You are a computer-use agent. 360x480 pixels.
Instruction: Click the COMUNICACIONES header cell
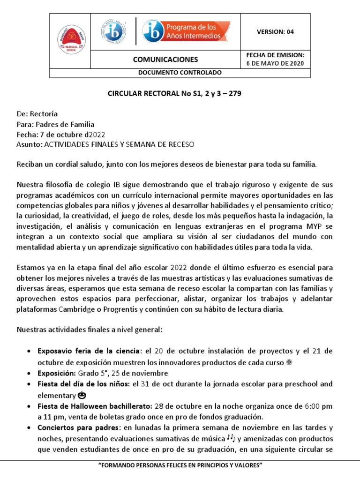(x=165, y=60)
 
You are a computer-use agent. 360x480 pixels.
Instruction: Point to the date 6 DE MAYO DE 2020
(x=275, y=63)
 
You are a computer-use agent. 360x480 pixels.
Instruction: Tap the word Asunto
(x=29, y=144)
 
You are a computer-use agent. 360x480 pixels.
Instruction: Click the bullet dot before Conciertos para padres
(x=30, y=428)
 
